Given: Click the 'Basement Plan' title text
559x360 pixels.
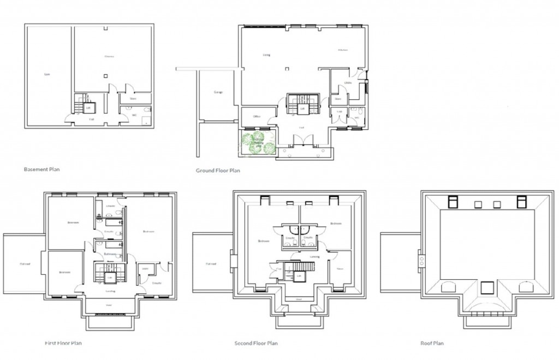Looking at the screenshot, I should tap(42, 169).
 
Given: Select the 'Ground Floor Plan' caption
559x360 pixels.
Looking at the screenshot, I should tap(218, 170).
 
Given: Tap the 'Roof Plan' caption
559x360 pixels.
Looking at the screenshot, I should tap(432, 343).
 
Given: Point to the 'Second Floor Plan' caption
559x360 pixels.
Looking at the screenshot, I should tap(256, 343).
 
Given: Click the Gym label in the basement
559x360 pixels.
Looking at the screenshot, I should tap(47, 74).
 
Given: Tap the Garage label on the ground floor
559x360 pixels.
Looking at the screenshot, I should tap(218, 92).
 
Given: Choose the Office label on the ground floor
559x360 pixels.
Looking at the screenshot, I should tap(257, 116).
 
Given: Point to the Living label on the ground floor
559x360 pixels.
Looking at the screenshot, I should tap(266, 55).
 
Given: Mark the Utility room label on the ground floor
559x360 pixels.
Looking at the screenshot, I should tap(347, 83).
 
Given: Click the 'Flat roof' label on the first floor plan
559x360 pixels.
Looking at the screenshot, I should tap(25, 263).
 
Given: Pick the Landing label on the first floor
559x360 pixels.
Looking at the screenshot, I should tap(110, 291).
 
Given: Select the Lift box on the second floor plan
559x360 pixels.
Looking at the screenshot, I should tap(299, 277).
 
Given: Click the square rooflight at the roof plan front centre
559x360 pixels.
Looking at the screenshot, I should tap(487, 286).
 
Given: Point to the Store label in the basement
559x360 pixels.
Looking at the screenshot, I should tap(132, 99).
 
